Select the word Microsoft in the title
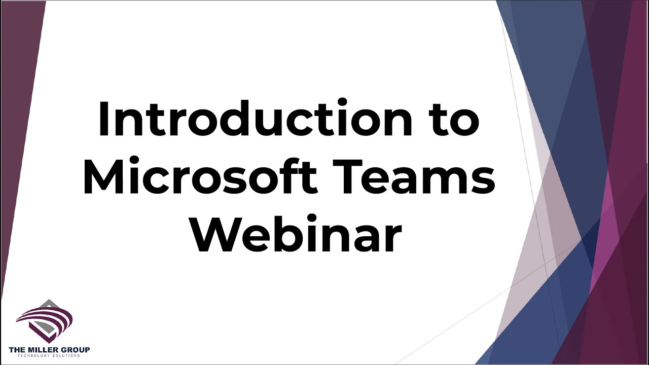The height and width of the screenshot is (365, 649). pos(200,176)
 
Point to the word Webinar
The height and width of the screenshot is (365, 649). pos(297,233)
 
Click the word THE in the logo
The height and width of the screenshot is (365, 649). pos(15,350)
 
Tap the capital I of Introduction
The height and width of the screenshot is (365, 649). pos(103,118)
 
